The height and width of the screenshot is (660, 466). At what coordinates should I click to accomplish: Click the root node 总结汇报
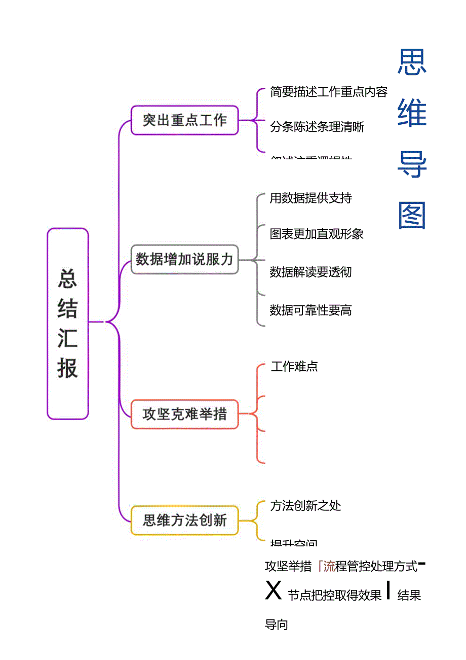click(68, 324)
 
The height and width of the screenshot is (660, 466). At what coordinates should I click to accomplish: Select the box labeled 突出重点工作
click(184, 120)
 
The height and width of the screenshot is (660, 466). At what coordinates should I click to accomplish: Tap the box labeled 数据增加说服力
click(184, 259)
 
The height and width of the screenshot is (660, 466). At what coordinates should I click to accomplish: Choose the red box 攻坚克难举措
click(184, 414)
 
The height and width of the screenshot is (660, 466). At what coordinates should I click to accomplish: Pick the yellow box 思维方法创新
click(184, 520)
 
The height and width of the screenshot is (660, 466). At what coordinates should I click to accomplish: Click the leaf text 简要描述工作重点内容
click(329, 92)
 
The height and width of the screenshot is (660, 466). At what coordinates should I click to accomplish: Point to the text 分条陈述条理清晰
click(317, 127)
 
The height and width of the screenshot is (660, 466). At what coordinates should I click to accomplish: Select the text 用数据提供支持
click(310, 198)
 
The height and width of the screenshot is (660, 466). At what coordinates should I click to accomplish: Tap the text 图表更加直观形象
click(317, 234)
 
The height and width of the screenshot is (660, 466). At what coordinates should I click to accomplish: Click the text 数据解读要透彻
click(310, 272)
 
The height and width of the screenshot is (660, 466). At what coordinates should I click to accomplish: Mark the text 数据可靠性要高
click(310, 310)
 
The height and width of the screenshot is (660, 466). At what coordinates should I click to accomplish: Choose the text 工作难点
click(294, 367)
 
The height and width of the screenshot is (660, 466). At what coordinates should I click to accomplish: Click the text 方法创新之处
click(305, 506)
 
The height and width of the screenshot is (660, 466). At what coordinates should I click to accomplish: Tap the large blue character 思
click(412, 62)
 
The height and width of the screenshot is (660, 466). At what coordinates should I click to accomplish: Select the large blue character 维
click(412, 112)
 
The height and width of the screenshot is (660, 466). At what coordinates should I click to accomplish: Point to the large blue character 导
click(412, 164)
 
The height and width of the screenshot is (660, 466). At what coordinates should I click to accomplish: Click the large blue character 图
click(412, 216)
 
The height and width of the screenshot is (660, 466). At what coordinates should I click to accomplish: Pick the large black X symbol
click(274, 590)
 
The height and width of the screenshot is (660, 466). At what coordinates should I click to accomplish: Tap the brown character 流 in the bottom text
click(329, 566)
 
